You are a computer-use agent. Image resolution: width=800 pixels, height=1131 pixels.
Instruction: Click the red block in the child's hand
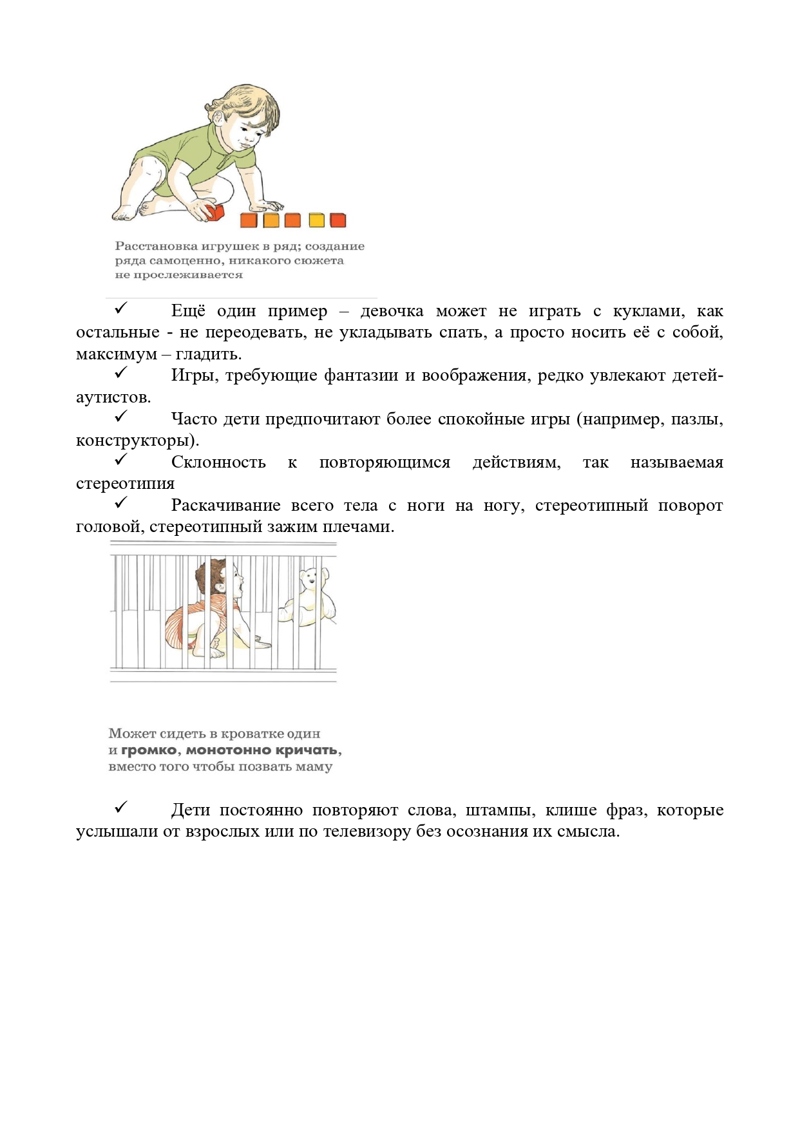pos(213,211)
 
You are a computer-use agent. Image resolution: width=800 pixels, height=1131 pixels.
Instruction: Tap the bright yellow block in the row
pos(316,220)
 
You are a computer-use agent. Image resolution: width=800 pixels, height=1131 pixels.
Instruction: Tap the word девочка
pos(392,311)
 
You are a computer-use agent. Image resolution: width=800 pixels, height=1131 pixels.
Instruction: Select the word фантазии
pos(361,375)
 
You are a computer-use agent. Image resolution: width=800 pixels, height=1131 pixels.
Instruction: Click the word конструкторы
pos(136,441)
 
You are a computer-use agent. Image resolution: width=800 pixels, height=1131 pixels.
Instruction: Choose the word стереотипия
pos(125,484)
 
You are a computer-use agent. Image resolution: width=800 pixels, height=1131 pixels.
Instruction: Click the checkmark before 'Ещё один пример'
pos(121,309)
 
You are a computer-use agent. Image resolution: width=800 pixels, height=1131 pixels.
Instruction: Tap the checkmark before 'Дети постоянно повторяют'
pos(121,808)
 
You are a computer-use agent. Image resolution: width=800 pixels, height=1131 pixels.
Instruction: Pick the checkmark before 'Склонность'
pos(121,460)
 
